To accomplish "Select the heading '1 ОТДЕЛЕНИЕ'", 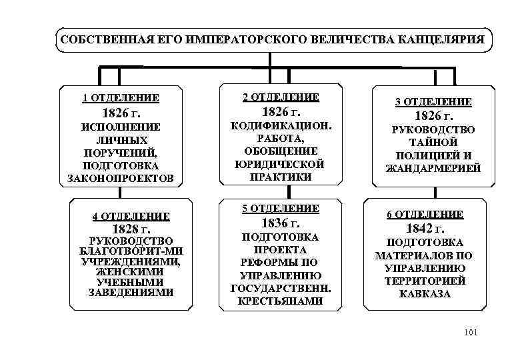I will click(121, 98).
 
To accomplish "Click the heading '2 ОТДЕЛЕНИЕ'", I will click(281, 97).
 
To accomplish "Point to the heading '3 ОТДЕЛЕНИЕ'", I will click(433, 101).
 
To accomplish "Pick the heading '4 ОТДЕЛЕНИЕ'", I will click(131, 216).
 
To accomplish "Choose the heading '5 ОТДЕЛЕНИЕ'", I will click(281, 208).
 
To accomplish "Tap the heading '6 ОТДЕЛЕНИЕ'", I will click(425, 214).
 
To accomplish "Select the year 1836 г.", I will click(281, 223).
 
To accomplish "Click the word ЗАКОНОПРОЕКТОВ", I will click(121, 178).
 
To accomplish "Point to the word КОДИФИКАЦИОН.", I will click(281, 125).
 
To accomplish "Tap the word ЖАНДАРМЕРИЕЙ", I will click(433, 169).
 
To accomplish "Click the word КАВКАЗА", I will click(425, 293).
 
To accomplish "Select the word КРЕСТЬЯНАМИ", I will click(281, 301).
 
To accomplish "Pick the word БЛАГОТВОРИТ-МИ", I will click(131, 251).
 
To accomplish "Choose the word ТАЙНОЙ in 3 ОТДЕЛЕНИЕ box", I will click(433, 142).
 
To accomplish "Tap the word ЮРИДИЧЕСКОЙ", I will click(281, 163).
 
